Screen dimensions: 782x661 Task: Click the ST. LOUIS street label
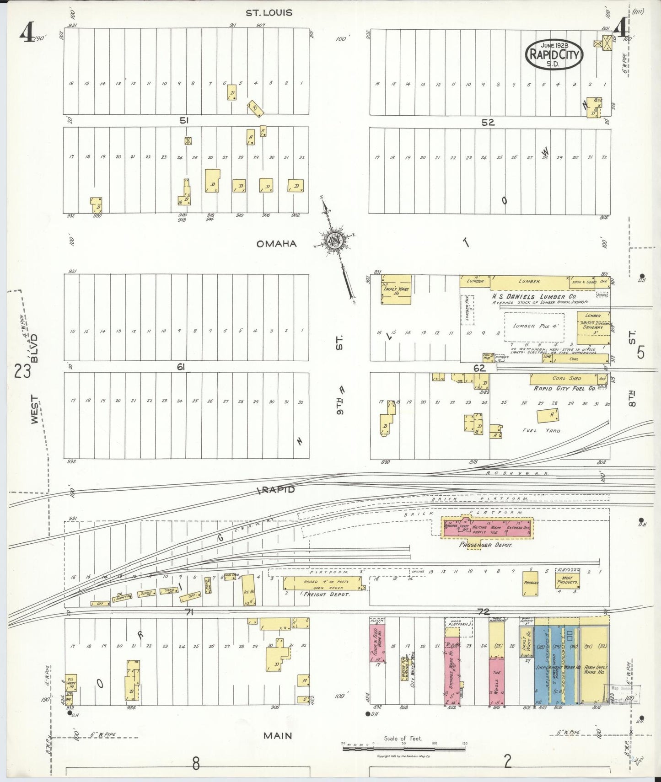(269, 13)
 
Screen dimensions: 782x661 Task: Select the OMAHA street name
(276, 244)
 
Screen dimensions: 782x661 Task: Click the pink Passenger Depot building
(486, 528)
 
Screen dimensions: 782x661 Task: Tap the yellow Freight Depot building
(322, 583)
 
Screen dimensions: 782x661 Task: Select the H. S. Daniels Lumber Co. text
(531, 296)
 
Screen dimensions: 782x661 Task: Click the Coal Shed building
(564, 379)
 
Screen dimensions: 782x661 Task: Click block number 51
(184, 121)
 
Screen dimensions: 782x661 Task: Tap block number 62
(479, 368)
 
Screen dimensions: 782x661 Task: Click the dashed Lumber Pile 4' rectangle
(534, 326)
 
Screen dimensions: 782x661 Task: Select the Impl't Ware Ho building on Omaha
(396, 289)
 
